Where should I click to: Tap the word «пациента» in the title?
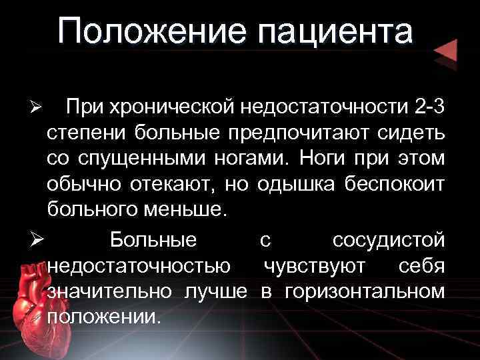(x=334, y=32)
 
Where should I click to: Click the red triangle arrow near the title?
(x=444, y=50)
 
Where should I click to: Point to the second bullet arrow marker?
(x=38, y=239)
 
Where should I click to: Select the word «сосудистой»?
(x=388, y=239)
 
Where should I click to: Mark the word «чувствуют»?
(x=314, y=265)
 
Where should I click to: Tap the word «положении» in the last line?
(x=105, y=317)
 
